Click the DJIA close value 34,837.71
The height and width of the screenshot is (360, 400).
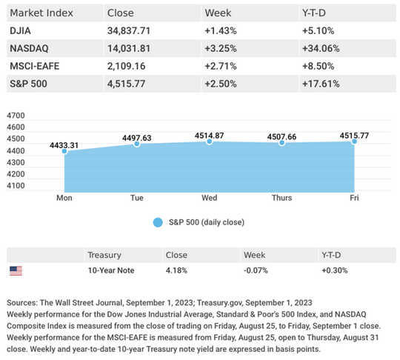click(x=129, y=31)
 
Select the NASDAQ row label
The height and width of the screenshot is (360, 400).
click(x=29, y=48)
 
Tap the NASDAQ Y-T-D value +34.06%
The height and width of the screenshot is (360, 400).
click(x=321, y=48)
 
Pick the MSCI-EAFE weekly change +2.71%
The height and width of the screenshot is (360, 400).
click(x=221, y=66)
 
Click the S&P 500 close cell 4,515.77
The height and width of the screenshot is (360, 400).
click(x=126, y=84)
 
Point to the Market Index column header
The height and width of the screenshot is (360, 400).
click(x=41, y=13)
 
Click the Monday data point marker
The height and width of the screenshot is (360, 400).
click(x=64, y=151)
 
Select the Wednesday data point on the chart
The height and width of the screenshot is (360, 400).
click(x=210, y=141)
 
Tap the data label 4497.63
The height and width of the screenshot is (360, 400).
click(x=137, y=138)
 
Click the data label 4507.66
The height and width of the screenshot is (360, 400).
click(x=282, y=137)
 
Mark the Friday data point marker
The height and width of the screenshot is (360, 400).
click(x=354, y=141)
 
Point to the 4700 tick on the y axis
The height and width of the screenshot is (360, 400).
click(x=16, y=116)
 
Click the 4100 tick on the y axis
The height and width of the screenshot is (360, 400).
click(x=16, y=185)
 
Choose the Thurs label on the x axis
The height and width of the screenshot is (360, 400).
click(x=282, y=198)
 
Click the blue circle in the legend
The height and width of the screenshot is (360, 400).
click(x=158, y=222)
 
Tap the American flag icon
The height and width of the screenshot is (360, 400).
click(x=16, y=270)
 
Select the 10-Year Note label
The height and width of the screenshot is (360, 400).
click(x=111, y=270)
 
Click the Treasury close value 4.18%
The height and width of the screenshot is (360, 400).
click(x=176, y=270)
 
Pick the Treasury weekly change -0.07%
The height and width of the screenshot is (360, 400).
click(x=256, y=270)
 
